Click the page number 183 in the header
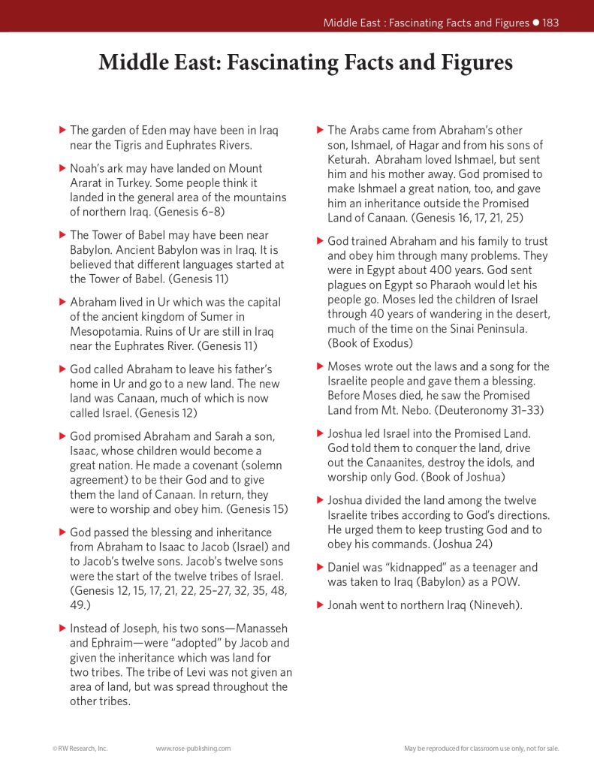coord(550,23)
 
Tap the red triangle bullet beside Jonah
coord(321,605)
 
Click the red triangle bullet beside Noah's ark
coord(63,168)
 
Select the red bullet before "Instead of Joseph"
coord(63,628)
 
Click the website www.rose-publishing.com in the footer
coord(193,748)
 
